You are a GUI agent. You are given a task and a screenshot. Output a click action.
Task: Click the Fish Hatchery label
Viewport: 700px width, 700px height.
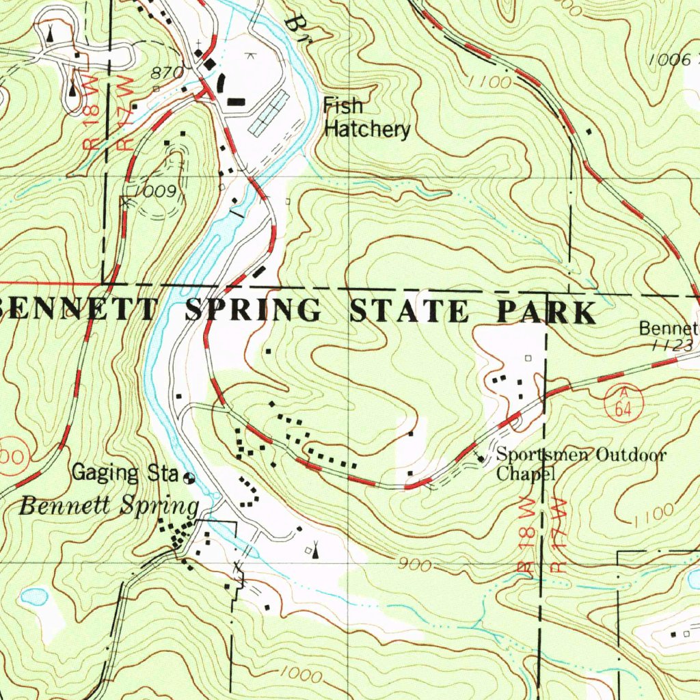tap(366, 118)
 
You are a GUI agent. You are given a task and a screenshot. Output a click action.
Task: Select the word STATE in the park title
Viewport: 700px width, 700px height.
tap(409, 311)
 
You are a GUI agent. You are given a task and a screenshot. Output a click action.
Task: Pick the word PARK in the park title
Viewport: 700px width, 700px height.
tap(546, 312)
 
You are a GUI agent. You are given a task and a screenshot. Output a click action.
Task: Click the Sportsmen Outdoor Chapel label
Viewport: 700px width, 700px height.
tap(580, 463)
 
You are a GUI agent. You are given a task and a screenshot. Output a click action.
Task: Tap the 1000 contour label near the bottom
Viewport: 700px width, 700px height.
tap(301, 675)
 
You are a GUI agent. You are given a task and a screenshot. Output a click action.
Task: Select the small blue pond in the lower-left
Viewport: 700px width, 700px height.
tap(34, 597)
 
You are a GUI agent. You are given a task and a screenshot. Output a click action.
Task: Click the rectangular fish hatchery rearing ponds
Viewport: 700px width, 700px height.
tap(269, 113)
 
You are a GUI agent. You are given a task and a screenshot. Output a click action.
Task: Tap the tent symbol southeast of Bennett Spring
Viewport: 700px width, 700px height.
tap(315, 550)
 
